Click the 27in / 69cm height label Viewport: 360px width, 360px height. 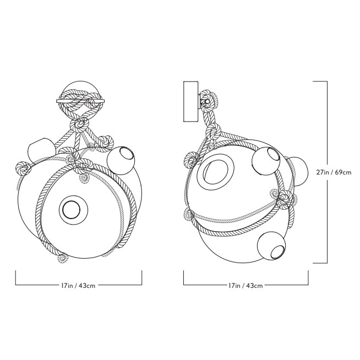click(334, 172)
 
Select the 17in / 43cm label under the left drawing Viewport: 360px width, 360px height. click(78, 286)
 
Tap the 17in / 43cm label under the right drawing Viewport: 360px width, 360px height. click(246, 286)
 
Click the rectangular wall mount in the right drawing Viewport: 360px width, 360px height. click(190, 101)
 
